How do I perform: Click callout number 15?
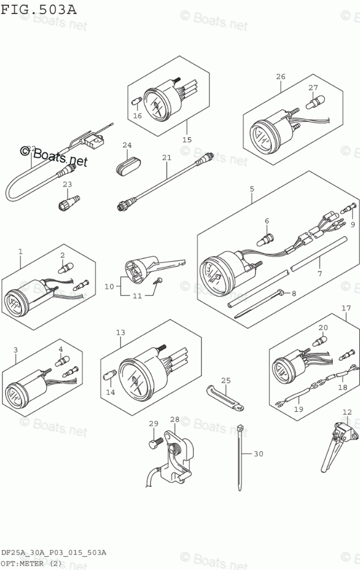[x=186, y=140]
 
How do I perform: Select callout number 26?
[x=280, y=77]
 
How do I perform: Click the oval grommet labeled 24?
[x=127, y=163]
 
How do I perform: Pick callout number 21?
[x=167, y=157]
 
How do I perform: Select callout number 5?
[x=252, y=189]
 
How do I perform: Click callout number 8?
[x=293, y=294]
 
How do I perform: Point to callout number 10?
[x=109, y=286]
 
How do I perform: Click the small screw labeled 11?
[x=158, y=281]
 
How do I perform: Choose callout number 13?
[x=120, y=333]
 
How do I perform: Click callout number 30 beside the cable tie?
[x=258, y=454]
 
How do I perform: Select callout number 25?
[x=226, y=380]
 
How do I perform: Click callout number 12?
[x=346, y=412]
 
